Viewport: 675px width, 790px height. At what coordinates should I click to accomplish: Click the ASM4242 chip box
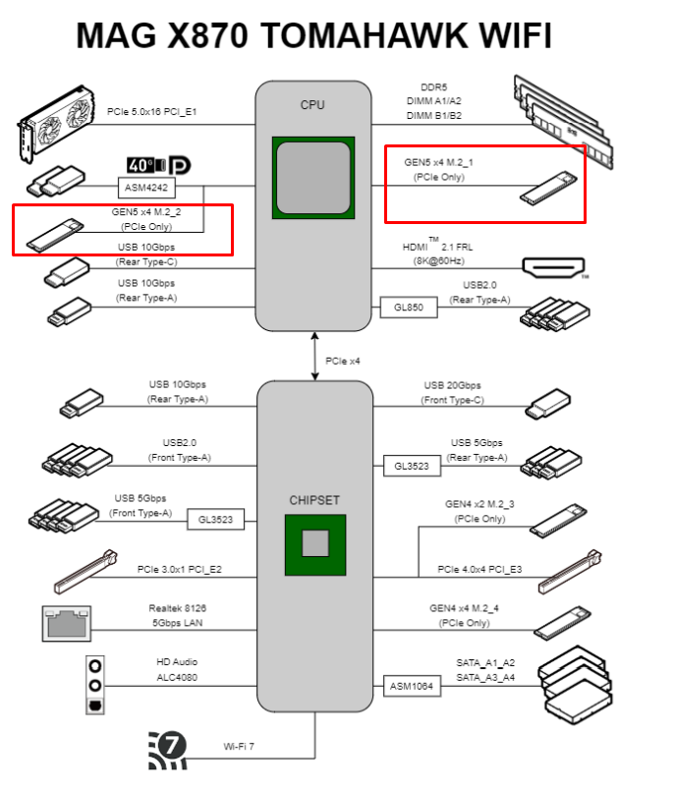pos(146,186)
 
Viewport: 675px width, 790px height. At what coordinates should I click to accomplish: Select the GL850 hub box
pos(408,308)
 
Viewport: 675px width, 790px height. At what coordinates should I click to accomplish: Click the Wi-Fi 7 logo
pos(168,749)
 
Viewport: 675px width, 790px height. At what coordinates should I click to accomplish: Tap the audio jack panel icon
pos(94,685)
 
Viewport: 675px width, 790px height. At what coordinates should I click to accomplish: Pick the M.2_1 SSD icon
pos(545,188)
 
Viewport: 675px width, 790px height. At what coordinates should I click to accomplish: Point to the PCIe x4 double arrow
pos(315,357)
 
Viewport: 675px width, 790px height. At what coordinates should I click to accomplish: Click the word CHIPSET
pos(314,500)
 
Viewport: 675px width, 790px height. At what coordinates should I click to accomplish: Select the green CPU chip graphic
pos(313,175)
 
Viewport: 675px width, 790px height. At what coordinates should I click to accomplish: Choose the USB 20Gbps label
pos(453,385)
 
